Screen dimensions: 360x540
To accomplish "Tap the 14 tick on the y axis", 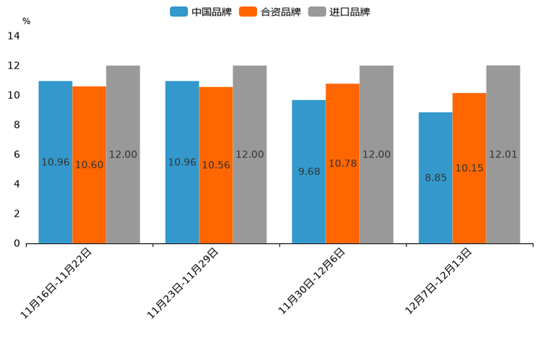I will point(13,36).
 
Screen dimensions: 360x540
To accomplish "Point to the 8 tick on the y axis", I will point(17,125).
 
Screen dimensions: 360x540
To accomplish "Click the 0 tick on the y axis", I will point(17,243).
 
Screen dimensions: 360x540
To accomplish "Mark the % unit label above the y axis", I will point(26,22).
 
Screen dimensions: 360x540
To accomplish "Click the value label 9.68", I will point(309,172).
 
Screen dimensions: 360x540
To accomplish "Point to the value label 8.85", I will point(435,178).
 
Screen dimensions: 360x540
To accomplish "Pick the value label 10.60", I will point(89,165).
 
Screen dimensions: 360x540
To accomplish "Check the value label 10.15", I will point(470,168).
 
